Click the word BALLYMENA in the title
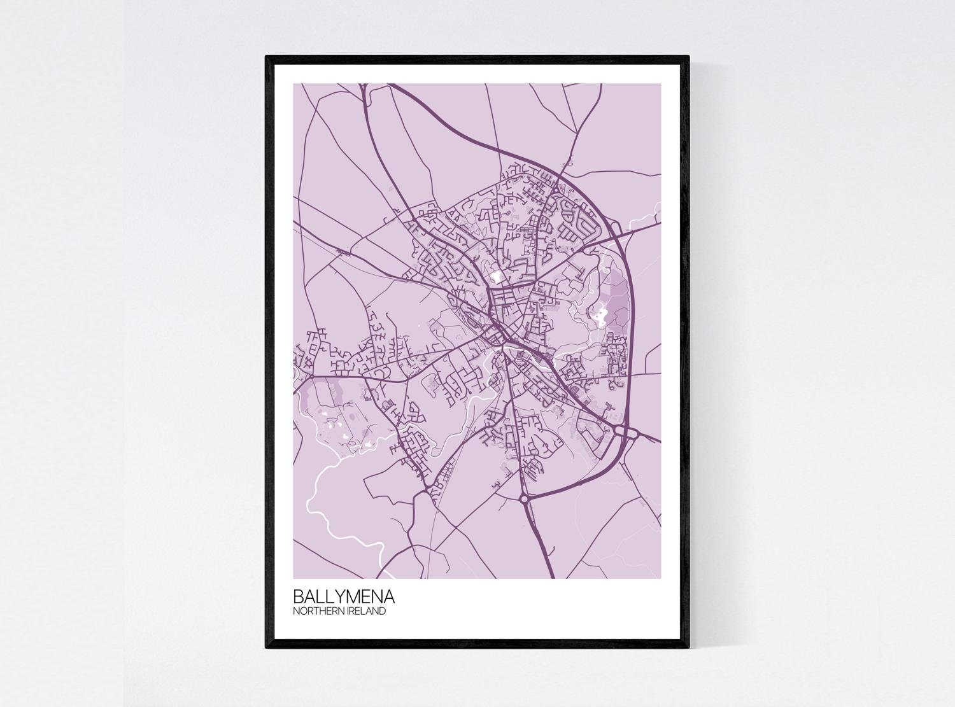pos(343,597)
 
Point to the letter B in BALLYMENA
pos(298,597)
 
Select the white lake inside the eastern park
pos(600,312)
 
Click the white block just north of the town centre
pos(496,277)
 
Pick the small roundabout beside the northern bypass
pos(555,188)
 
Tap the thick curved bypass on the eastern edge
pos(630,318)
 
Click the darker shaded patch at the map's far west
pos(306,391)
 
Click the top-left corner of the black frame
pos(267,57)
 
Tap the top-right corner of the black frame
pos(688,57)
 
